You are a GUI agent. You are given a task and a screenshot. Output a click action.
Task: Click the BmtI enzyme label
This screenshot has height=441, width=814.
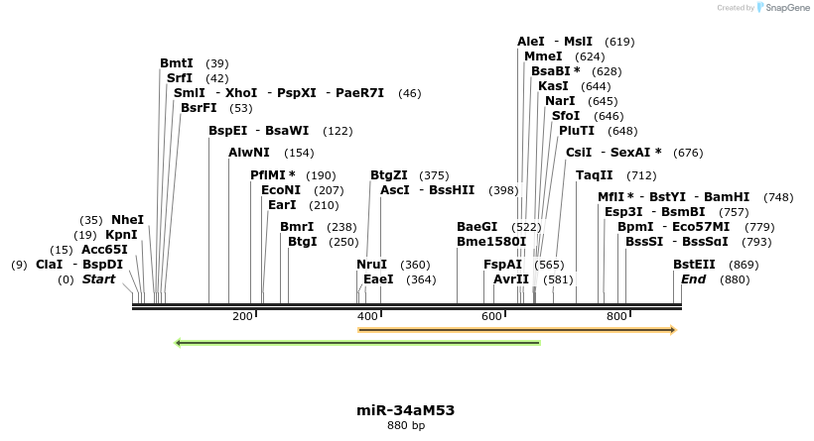pos(177,63)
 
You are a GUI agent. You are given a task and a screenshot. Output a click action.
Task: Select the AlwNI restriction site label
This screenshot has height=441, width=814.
pos(249,153)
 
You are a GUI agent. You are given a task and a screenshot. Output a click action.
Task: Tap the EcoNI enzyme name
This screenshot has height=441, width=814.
pos(280,189)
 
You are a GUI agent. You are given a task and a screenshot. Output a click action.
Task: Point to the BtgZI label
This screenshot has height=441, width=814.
pos(389,174)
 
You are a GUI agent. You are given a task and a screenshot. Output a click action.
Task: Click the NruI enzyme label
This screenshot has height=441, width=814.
pos(372,265)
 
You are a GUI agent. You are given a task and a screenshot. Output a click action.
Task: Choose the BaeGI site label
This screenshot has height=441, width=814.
pos(476,226)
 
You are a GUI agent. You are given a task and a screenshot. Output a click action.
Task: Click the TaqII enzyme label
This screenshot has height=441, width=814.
pos(595,174)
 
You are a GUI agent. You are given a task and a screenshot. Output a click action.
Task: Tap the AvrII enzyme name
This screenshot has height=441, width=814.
pos(511,279)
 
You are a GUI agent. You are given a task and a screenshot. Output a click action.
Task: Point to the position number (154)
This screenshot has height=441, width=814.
pos(299,153)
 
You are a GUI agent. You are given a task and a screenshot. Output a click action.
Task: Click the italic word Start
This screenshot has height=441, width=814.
pos(98,279)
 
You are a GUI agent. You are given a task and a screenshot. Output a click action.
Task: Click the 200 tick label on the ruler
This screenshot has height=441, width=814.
pos(242,316)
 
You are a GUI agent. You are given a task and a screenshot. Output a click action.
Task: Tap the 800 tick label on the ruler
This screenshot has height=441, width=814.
pos(616,316)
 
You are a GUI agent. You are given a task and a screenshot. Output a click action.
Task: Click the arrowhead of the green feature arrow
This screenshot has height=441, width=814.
pos(179,343)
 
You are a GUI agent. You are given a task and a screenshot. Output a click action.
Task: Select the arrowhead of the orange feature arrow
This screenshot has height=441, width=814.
pos(672,329)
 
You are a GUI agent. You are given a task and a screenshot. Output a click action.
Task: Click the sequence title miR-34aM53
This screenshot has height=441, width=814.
pos(406,410)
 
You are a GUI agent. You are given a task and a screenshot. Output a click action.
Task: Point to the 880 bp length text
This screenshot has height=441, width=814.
pos(406,426)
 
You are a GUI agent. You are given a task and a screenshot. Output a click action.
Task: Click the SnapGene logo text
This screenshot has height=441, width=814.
pos(783,8)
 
